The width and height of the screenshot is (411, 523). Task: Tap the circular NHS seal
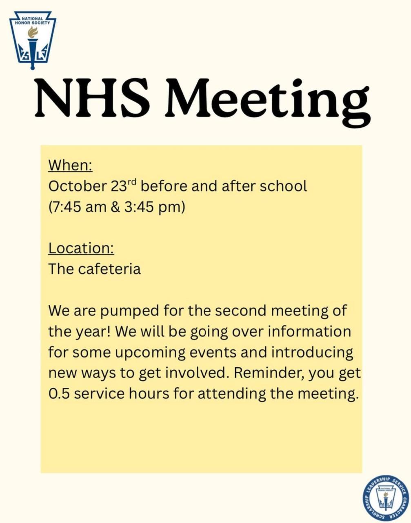point(386,498)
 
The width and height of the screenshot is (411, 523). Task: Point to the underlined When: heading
point(70,165)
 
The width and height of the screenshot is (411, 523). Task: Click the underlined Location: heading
point(81,248)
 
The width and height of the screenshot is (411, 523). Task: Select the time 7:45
point(68,207)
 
